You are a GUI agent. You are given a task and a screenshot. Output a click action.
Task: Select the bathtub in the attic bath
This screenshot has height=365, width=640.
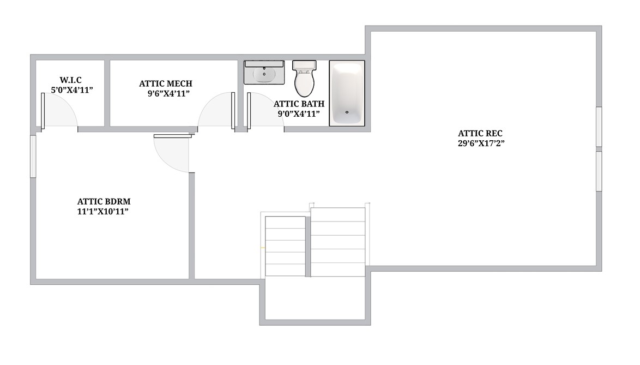tap(347, 93)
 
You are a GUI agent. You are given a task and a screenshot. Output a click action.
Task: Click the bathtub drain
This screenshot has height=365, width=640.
tap(347, 112)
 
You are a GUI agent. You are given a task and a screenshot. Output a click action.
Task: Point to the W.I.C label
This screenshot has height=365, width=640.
tap(71, 80)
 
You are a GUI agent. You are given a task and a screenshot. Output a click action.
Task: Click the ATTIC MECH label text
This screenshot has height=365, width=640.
tap(166, 83)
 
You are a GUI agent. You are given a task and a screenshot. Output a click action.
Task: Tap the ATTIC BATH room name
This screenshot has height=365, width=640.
tap(299, 104)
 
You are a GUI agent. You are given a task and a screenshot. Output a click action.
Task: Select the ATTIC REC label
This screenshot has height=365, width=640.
tap(480, 133)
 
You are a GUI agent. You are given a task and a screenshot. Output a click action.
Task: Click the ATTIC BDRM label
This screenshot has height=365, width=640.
tap(104, 201)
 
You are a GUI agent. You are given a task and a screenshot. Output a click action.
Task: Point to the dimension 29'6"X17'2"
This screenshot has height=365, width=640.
tap(480, 144)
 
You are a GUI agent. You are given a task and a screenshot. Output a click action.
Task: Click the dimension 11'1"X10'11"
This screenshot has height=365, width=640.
tap(104, 212)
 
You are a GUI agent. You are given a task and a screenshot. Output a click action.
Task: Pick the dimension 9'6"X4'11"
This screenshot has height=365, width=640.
tap(168, 93)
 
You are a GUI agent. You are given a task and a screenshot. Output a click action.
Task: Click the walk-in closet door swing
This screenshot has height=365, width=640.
tap(59, 112)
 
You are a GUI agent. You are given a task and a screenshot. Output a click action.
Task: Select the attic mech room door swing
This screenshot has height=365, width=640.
tap(216, 112)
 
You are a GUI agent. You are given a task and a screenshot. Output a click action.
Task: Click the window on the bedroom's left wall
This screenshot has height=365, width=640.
tap(33, 156)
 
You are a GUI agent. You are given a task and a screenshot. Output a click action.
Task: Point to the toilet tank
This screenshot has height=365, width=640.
tap(304, 66)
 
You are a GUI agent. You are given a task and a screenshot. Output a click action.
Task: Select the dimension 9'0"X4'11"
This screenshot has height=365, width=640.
tap(299, 114)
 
